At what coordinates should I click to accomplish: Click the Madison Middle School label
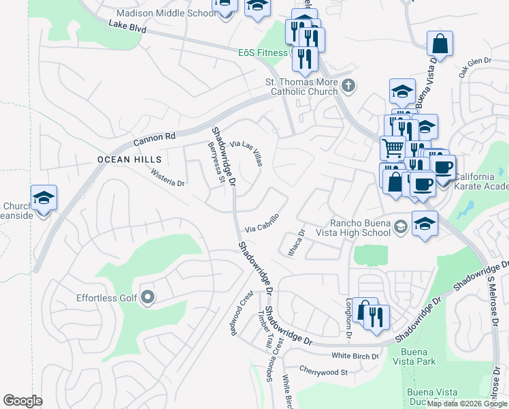tap(166, 13)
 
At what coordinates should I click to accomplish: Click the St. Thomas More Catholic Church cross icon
tap(348, 86)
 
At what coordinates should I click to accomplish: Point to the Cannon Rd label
tap(154, 138)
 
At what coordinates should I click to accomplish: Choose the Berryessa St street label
tap(216, 163)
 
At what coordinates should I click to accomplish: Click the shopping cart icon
tap(392, 148)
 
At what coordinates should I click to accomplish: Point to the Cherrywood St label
tap(324, 372)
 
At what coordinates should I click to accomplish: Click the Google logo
tap(23, 401)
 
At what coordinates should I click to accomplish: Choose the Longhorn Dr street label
tap(349, 319)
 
